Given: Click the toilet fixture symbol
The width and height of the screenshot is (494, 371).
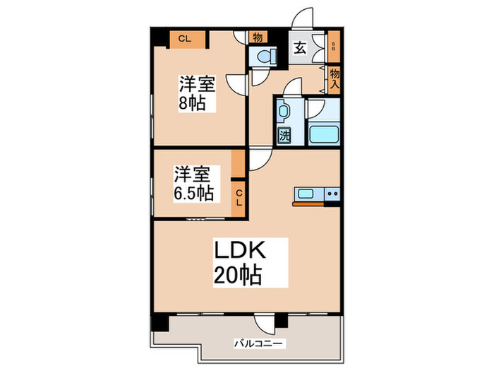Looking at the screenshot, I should [x=263, y=57].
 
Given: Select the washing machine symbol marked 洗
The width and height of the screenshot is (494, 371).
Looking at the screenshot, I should [x=284, y=134].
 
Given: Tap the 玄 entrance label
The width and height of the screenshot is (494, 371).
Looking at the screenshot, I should [x=299, y=49].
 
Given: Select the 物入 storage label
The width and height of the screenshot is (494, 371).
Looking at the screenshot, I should [x=335, y=78].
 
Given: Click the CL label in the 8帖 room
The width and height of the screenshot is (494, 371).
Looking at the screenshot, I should [x=185, y=38].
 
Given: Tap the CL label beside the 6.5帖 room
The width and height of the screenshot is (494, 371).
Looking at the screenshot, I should [x=239, y=197].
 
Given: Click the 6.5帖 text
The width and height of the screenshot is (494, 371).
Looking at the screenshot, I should [x=193, y=193].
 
